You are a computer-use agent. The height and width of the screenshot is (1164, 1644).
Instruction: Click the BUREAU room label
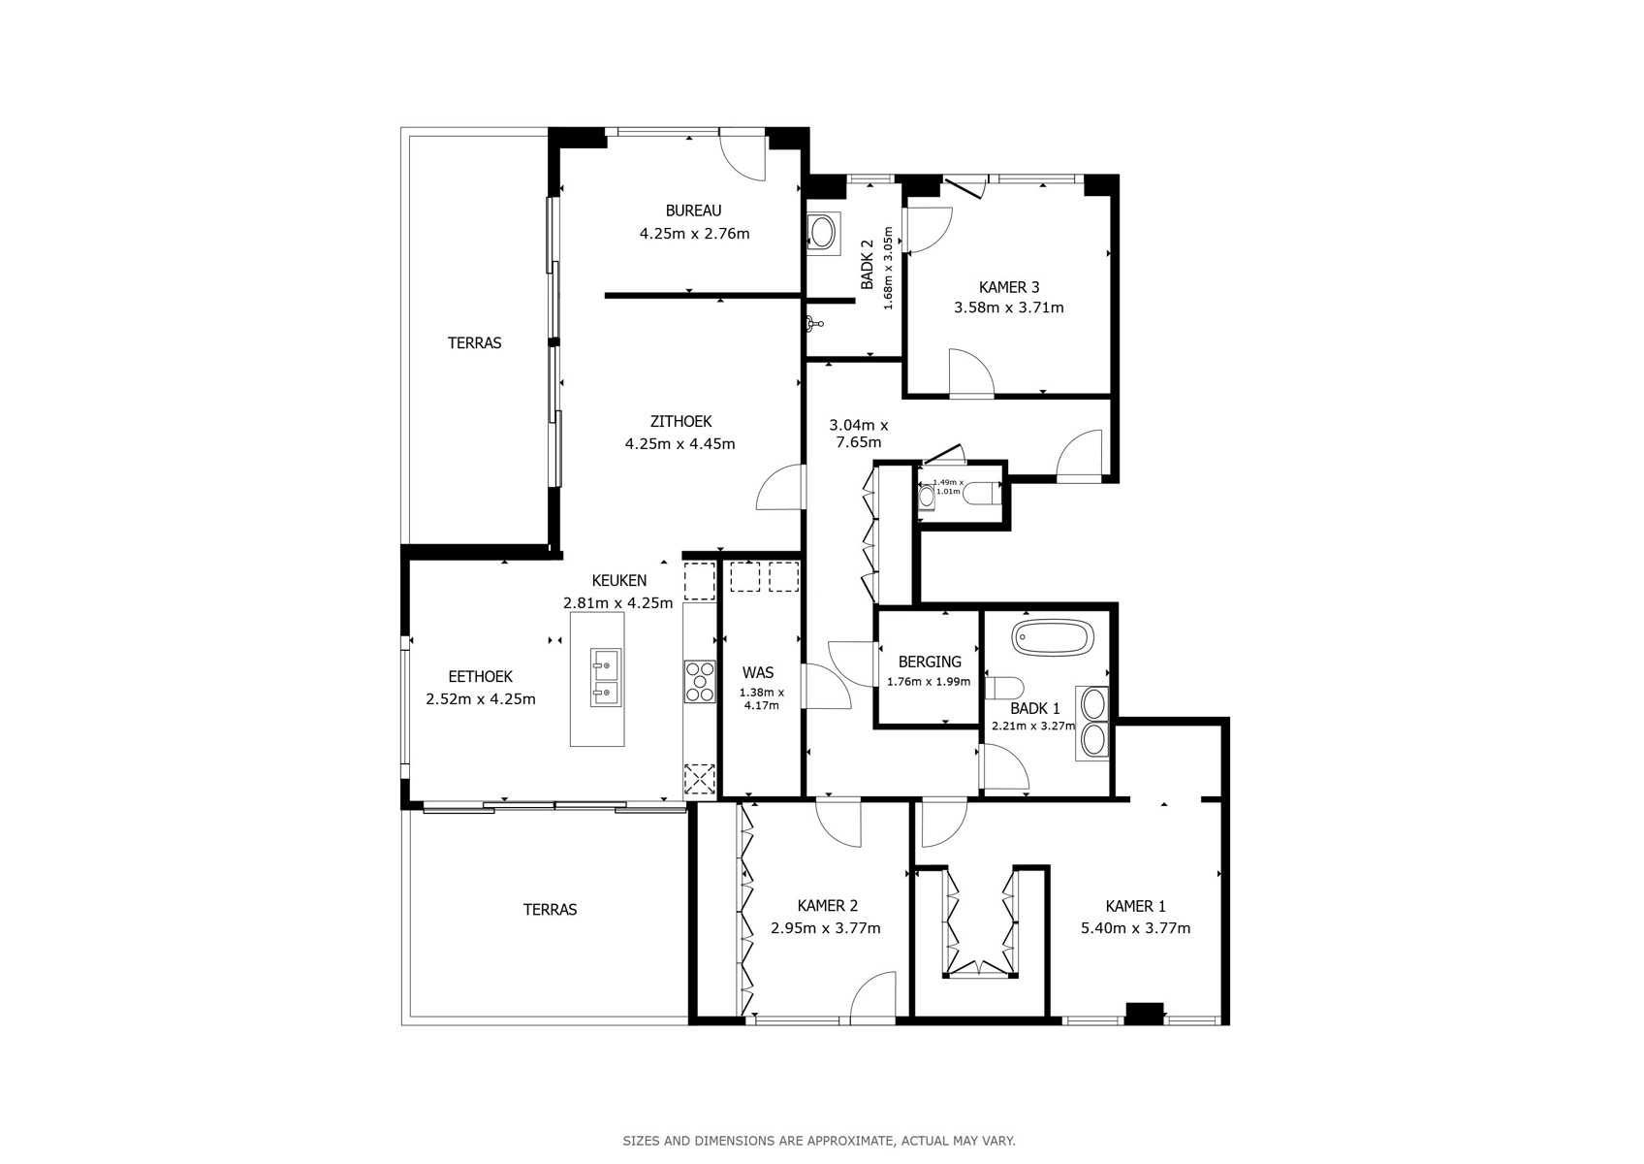point(693,210)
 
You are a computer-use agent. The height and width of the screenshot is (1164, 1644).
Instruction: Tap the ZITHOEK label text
point(680,422)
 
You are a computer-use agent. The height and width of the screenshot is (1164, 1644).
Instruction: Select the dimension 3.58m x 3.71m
point(1008,307)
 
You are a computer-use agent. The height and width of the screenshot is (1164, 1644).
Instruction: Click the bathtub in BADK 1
point(1052,637)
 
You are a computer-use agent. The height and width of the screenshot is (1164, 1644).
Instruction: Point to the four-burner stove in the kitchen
point(700,682)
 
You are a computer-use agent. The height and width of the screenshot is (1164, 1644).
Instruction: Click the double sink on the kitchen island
point(606,678)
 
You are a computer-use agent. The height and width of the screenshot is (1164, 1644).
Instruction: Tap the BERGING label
point(930,663)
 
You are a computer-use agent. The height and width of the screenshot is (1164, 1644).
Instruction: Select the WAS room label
point(757,673)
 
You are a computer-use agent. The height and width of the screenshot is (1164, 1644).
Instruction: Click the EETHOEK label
point(480,677)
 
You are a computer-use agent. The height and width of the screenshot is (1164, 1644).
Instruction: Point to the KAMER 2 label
point(827,906)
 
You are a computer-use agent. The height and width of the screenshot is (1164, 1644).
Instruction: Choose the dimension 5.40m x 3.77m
point(1135,928)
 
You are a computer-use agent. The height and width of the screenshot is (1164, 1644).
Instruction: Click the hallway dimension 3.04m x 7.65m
point(858,434)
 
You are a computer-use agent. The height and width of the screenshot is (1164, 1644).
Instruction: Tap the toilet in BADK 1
point(1003,689)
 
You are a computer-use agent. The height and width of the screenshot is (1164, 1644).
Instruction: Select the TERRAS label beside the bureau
point(474,343)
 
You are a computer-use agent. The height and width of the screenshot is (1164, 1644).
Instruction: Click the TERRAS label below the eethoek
point(550,910)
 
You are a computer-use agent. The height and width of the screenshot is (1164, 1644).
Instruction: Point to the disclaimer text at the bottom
point(819,1141)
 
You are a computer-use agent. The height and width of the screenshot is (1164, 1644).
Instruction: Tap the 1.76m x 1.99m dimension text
point(929,682)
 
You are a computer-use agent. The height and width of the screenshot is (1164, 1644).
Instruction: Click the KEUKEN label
point(618,581)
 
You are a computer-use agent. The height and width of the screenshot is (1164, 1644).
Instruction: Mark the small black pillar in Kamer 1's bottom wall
point(1144,1013)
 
